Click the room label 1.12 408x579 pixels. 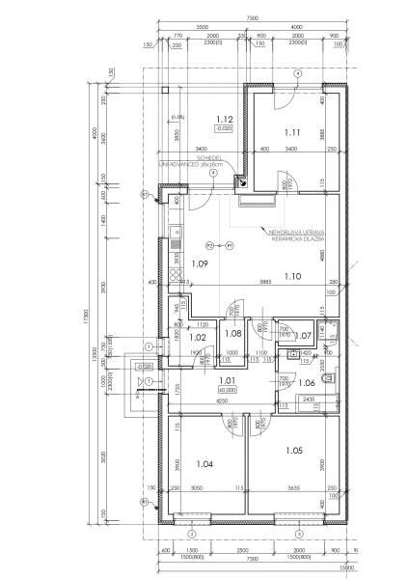pyautogui.click(x=224, y=119)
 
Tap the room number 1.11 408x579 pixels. pyautogui.click(x=292, y=131)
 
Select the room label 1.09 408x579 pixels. pyautogui.click(x=200, y=262)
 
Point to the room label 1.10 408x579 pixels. pyautogui.click(x=296, y=276)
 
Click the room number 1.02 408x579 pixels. pyautogui.click(x=198, y=337)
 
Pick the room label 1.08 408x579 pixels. pyautogui.click(x=232, y=333)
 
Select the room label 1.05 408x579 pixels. pyautogui.click(x=294, y=450)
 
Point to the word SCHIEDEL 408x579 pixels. pyautogui.click(x=210, y=157)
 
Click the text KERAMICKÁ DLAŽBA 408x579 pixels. pyautogui.click(x=290, y=238)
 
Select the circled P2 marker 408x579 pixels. pyautogui.click(x=209, y=245)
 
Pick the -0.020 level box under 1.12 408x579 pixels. pyautogui.click(x=224, y=128)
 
